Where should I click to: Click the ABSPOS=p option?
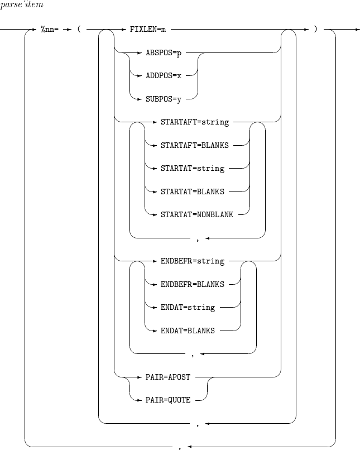[163, 52]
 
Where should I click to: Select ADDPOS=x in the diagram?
[163, 75]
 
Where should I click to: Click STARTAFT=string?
[194, 121]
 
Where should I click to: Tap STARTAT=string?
[192, 168]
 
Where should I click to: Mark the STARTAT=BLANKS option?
[192, 192]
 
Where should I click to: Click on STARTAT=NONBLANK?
[196, 214]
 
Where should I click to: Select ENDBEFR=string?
[192, 261]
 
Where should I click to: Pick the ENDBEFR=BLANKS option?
[192, 284]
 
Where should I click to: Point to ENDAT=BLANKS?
[188, 331]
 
